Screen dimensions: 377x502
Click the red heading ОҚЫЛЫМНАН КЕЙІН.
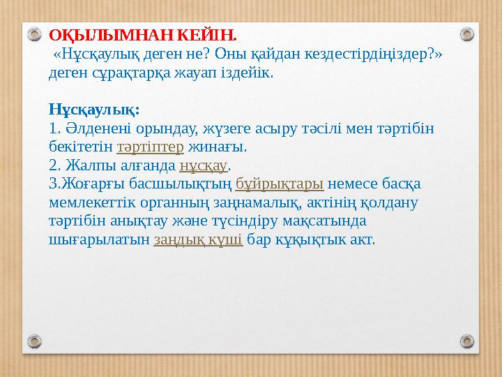click(x=143, y=34)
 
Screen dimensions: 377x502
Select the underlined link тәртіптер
click(x=150, y=147)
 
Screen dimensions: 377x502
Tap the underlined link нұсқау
click(x=204, y=166)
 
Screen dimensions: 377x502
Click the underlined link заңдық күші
click(x=198, y=240)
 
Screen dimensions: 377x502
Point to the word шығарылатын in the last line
click(x=99, y=240)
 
